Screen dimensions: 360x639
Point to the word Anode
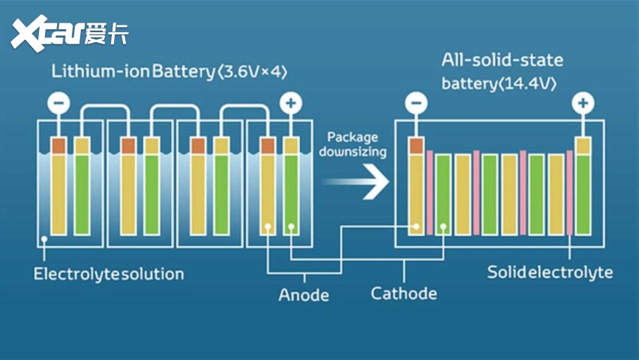304,295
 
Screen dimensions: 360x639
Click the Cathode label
403,292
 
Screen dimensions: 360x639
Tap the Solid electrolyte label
550,271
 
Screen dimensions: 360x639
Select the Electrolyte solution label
109,274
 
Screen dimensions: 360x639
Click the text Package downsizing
353,145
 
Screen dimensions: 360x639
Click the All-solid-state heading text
502,59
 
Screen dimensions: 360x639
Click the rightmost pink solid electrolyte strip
570,192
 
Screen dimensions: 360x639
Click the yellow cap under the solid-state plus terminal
583,144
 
